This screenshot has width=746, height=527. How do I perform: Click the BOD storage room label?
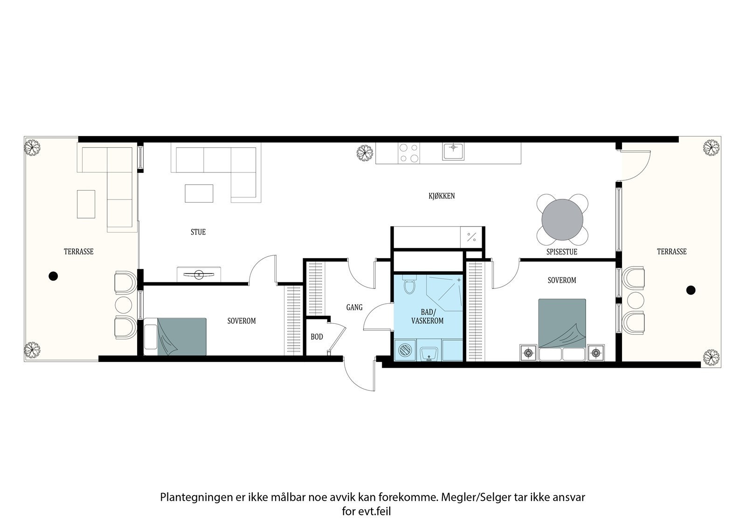tap(317, 337)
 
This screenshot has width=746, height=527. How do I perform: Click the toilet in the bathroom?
tap(409, 284)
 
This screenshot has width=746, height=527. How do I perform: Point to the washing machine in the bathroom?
tap(405, 350)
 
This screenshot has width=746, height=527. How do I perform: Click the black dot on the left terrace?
tap(53, 276)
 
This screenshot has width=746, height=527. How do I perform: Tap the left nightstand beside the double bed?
tap(529, 353)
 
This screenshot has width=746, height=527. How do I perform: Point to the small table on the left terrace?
tap(86, 205)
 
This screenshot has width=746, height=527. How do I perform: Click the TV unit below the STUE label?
tap(199, 274)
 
